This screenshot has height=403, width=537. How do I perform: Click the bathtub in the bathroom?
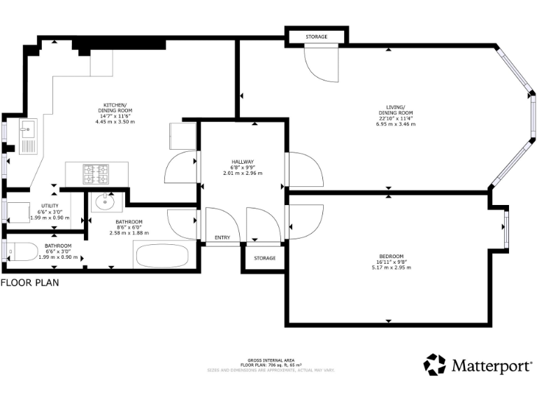tap(166, 255)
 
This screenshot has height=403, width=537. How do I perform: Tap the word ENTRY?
tap(222, 238)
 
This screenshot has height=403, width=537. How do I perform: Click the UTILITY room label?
tap(50, 205)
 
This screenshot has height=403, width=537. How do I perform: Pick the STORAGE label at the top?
tap(316, 36)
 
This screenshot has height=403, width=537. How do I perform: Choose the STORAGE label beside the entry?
tap(264, 258)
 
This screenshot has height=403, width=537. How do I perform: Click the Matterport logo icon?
tap(434, 365)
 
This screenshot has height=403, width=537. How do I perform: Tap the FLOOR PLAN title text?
tap(29, 283)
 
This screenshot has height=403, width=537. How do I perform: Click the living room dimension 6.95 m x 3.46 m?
tap(396, 125)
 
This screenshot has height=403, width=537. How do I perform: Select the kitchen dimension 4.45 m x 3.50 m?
tap(115, 122)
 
